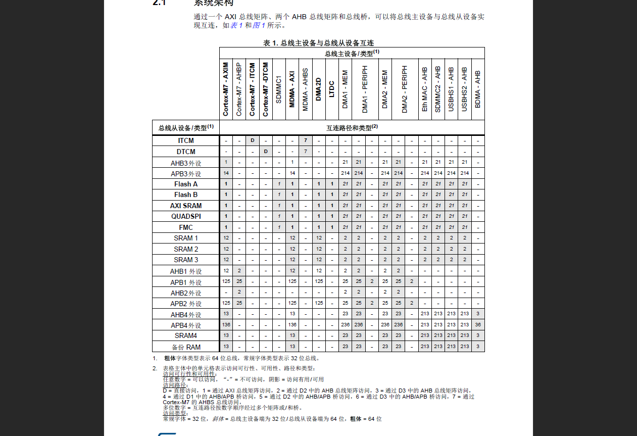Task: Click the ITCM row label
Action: [185, 140]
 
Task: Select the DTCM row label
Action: [185, 152]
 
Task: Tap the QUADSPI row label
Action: [185, 216]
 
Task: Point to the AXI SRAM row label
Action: [185, 206]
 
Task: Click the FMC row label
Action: [185, 227]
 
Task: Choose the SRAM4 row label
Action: [185, 335]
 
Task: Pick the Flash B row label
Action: [185, 195]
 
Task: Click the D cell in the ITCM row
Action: [253, 140]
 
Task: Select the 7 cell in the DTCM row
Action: [306, 152]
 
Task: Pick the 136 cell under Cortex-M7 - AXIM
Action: [226, 325]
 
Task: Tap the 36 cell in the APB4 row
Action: [478, 325]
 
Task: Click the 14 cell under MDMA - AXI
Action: [292, 173]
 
